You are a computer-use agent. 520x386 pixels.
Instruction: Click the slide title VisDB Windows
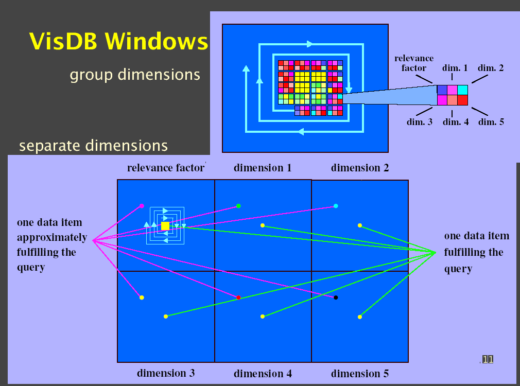click(x=119, y=42)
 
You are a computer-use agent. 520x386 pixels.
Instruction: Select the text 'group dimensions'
click(x=135, y=75)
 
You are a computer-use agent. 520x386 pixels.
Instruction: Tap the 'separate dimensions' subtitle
click(x=93, y=146)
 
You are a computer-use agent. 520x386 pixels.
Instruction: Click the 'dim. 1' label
click(x=455, y=68)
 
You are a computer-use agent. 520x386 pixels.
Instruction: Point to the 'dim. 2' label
click(x=491, y=68)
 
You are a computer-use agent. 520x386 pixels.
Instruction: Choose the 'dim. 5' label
click(x=491, y=122)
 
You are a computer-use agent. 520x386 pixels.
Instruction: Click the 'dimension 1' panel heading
click(x=263, y=168)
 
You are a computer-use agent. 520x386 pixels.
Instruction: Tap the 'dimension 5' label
click(x=360, y=374)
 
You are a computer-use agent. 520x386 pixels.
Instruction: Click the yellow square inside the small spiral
click(x=165, y=226)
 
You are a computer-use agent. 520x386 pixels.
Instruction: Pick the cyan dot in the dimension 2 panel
click(x=336, y=206)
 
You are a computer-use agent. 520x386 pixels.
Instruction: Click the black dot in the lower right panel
click(x=336, y=297)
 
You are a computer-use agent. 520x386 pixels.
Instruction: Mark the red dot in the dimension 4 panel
click(x=238, y=297)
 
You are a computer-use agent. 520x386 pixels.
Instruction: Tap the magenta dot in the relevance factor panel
click(x=142, y=206)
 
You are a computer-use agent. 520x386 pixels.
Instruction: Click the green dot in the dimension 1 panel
click(x=238, y=206)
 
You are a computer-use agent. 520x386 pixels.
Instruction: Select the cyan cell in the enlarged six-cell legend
click(x=462, y=90)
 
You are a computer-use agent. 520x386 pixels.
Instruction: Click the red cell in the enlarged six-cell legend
click(x=462, y=100)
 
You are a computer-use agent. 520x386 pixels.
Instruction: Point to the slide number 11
click(x=488, y=359)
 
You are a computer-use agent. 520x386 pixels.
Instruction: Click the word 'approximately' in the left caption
click(x=52, y=238)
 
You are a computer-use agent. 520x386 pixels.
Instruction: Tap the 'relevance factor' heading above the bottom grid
click(x=166, y=168)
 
